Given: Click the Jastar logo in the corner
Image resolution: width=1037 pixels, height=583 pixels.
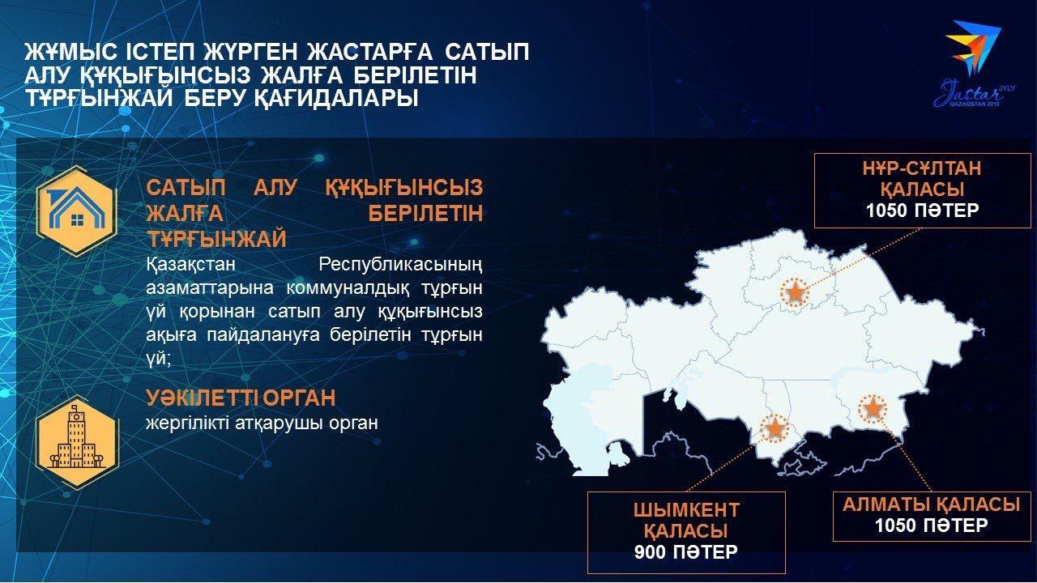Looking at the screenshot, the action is click(x=974, y=64).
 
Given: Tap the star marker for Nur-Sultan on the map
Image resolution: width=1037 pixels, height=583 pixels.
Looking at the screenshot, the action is click(x=795, y=292).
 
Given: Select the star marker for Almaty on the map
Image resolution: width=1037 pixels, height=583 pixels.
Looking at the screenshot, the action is click(x=873, y=409).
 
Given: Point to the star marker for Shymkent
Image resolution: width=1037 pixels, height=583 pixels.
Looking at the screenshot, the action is click(x=775, y=428).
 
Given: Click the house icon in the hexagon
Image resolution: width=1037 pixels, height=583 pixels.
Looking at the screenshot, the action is click(x=76, y=211).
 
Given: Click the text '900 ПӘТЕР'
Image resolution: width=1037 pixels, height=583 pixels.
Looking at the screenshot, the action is click(x=685, y=552).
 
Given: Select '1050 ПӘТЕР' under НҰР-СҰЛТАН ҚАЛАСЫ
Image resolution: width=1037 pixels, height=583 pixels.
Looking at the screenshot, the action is click(x=922, y=211).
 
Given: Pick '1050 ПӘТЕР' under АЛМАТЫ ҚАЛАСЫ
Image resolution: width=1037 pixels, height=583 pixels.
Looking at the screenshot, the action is click(x=931, y=526).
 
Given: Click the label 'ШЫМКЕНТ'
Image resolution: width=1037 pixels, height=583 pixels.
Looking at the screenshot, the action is click(x=686, y=510).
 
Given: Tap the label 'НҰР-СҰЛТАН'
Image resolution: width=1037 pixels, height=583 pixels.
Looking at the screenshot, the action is click(x=922, y=168).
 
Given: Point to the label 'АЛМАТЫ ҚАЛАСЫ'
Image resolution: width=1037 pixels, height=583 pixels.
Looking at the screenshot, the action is click(x=931, y=504).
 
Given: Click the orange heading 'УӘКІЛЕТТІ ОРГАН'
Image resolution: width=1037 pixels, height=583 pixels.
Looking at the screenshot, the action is click(x=241, y=398).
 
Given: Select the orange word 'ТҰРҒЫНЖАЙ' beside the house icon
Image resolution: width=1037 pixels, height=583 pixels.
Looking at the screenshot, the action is click(x=216, y=240).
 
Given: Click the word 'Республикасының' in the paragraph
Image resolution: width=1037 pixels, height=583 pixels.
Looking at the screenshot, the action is click(x=400, y=266).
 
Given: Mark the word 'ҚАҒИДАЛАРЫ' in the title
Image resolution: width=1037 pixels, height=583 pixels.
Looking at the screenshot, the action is click(x=336, y=98).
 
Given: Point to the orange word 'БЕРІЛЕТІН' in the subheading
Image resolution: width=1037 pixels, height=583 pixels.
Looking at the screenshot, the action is click(x=425, y=214).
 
